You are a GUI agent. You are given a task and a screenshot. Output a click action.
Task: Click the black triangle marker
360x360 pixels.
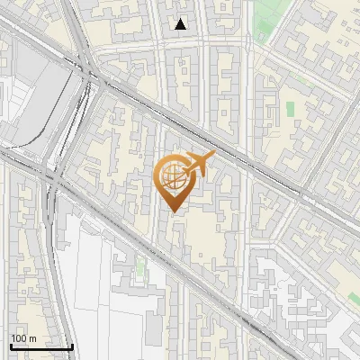[181, 24]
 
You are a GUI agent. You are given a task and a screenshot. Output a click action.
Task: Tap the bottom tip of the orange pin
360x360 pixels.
[171, 211]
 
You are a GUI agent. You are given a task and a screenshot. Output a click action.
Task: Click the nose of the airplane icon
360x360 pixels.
[212, 156]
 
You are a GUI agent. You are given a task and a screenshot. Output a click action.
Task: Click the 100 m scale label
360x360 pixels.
[23, 338]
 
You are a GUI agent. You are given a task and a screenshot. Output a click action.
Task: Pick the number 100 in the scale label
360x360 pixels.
[19, 338]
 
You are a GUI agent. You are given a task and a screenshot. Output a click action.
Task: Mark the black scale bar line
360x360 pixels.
[41, 346]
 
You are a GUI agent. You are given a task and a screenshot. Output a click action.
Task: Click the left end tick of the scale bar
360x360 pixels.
[11, 345]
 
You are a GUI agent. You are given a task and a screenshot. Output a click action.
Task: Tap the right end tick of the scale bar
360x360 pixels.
[72, 345]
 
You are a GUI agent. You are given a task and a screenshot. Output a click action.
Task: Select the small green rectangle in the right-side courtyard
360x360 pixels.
[290, 108]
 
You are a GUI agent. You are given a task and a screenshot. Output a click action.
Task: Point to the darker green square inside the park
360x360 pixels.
[264, 35]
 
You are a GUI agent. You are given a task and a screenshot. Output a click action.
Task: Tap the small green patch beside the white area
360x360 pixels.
[140, 267]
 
